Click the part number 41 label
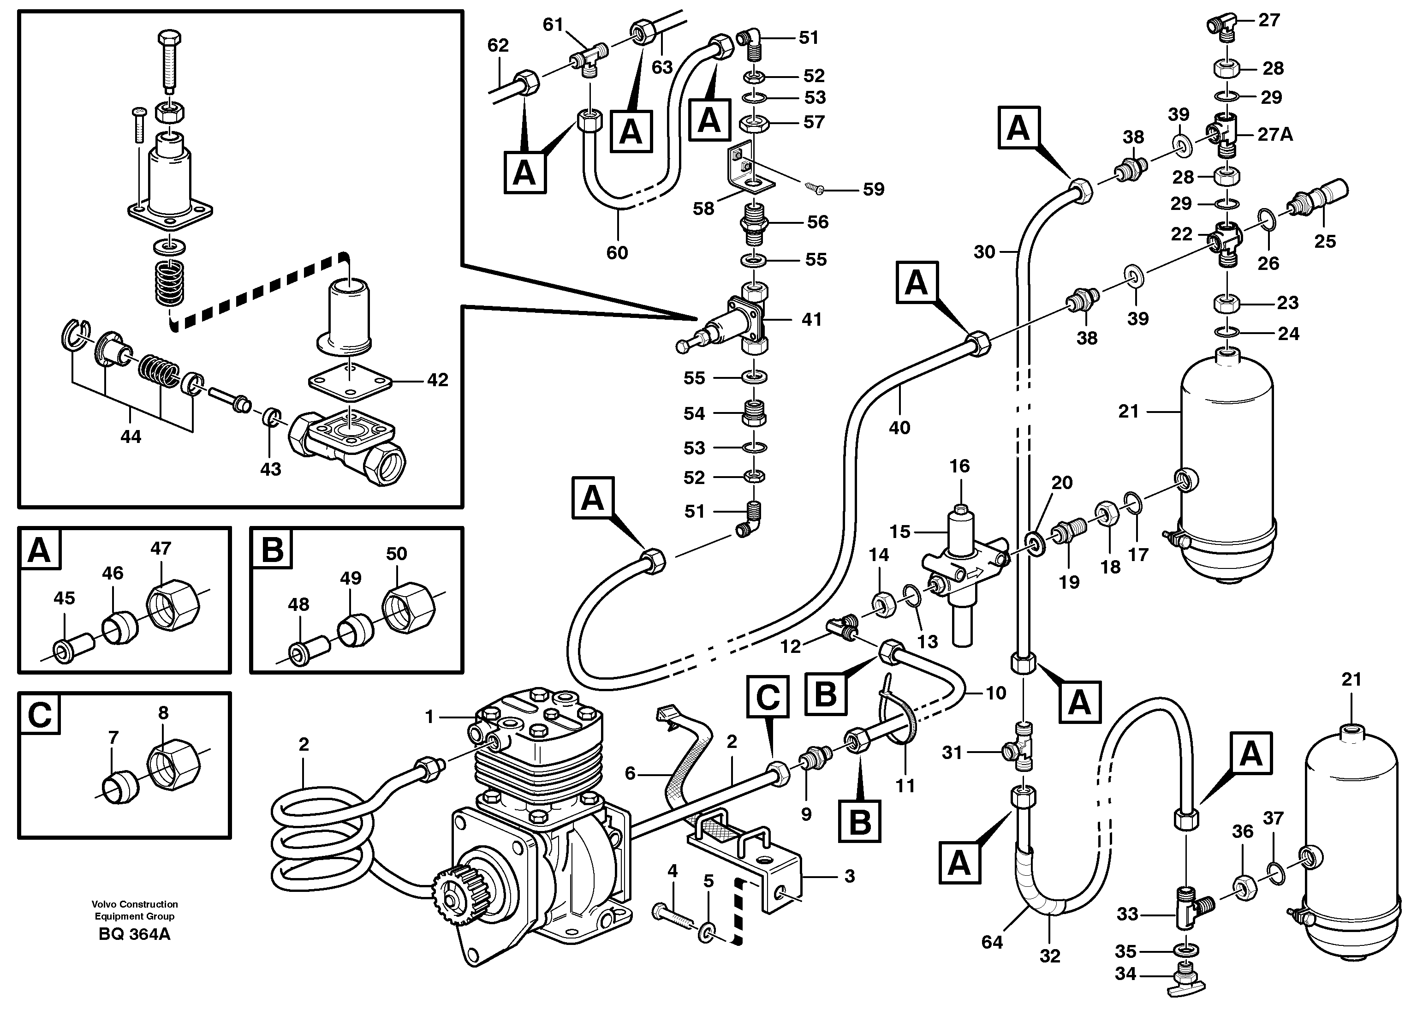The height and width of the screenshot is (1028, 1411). coord(811,319)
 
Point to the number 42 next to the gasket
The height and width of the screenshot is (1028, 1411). coord(437,380)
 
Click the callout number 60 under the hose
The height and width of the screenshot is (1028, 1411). coord(617,253)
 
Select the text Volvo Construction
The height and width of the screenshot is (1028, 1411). coord(134,904)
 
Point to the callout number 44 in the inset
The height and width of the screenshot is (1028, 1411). coord(130,437)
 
